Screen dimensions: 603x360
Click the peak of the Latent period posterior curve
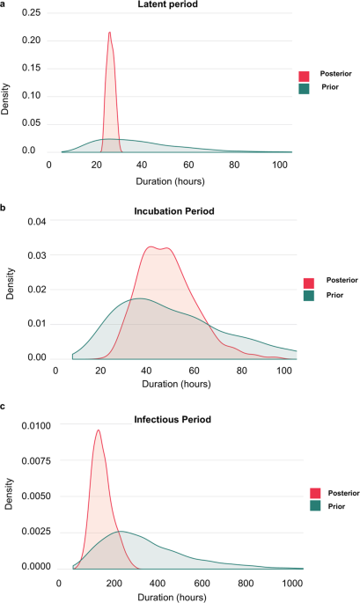(109, 33)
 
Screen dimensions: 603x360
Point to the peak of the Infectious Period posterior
(99, 430)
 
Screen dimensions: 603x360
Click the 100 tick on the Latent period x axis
(281, 165)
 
